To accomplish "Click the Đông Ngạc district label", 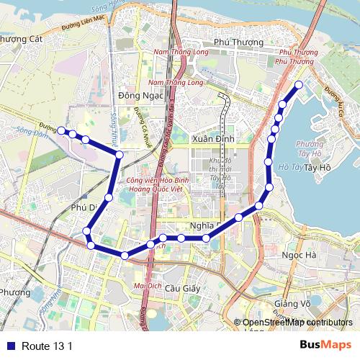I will click(x=134, y=95).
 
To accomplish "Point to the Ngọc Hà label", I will click(x=300, y=256).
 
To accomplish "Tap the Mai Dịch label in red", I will click(x=148, y=285).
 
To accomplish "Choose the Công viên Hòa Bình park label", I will click(x=153, y=181).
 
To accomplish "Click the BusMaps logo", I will click(x=326, y=346).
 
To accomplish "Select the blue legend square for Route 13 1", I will click(x=9, y=346).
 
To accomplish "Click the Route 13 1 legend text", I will click(x=48, y=346).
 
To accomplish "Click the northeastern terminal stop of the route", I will click(x=299, y=84).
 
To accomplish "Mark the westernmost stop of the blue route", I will click(x=61, y=130).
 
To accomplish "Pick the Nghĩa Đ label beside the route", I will click(x=203, y=225).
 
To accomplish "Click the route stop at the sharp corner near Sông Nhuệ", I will click(x=119, y=155).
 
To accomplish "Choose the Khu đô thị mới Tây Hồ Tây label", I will click(x=217, y=171).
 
